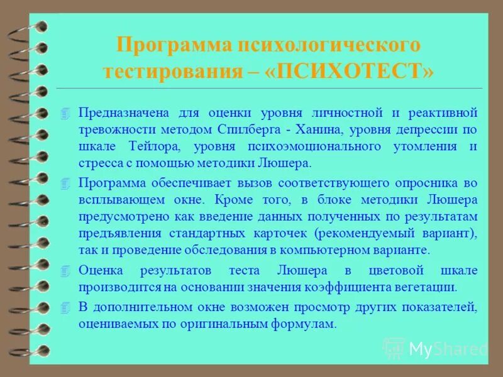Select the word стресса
click(99, 163)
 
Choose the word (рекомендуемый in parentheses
click(370, 233)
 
